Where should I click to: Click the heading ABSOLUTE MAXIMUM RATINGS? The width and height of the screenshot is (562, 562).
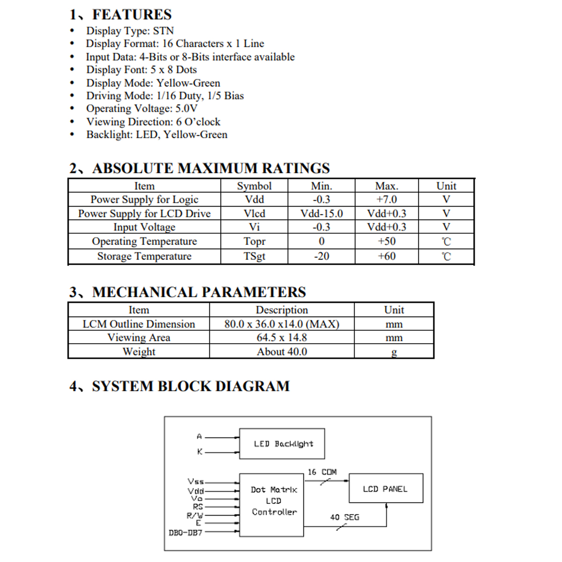(x=211, y=168)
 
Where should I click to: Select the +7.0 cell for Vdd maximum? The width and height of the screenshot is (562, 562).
(x=386, y=200)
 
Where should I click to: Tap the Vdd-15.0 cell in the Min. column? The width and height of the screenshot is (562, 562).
(x=321, y=214)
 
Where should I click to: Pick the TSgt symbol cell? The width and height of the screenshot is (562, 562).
(x=254, y=256)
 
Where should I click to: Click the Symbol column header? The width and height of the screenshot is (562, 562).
(x=254, y=186)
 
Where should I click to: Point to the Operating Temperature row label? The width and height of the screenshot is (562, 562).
(x=144, y=241)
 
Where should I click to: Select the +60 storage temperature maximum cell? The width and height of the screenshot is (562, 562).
(x=386, y=256)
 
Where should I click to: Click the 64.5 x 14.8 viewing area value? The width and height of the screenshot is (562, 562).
(x=281, y=338)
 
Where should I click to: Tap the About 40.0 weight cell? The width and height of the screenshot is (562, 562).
(x=281, y=352)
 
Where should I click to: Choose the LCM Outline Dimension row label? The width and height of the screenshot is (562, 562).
(x=139, y=324)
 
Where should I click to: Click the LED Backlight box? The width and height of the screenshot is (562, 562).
(x=282, y=444)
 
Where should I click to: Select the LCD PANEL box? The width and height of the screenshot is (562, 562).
(x=386, y=488)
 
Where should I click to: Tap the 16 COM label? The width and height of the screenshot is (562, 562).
(x=322, y=472)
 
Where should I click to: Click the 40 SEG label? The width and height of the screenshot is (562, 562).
(x=345, y=518)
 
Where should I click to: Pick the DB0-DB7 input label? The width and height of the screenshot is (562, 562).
(x=185, y=532)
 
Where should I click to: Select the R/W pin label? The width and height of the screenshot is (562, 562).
(x=195, y=515)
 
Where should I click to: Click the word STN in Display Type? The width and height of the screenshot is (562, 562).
(x=163, y=31)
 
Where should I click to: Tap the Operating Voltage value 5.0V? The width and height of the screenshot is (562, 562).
(x=186, y=109)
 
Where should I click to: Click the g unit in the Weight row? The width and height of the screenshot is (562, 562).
(x=394, y=352)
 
